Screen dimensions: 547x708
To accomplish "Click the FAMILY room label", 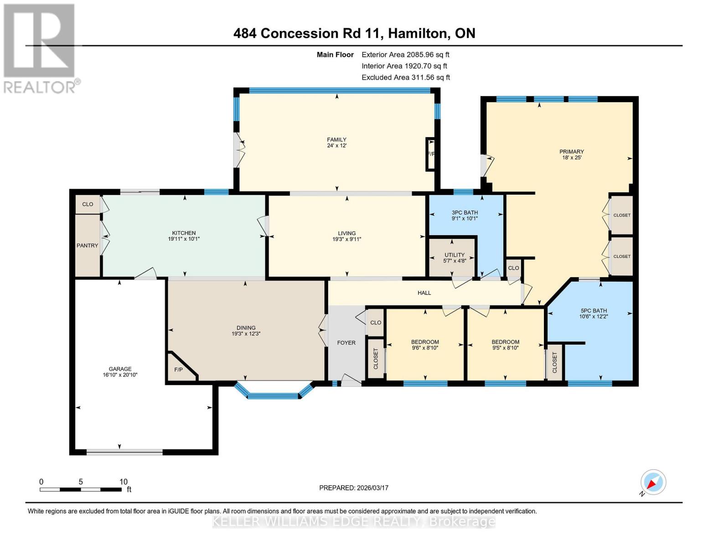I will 336,140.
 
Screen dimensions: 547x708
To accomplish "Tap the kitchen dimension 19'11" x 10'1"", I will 184,239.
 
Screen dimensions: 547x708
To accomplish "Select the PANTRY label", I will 87,246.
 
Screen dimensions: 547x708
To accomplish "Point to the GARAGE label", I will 120,369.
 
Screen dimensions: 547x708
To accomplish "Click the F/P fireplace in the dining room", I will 178,370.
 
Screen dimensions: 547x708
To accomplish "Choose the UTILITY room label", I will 455,255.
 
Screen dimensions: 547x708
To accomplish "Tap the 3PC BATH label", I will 465,212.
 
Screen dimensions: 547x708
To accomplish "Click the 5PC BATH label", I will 594,311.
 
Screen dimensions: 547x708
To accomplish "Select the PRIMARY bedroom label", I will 572,152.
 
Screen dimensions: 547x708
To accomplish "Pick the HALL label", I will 424,293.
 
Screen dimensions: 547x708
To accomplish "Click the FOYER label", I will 346,343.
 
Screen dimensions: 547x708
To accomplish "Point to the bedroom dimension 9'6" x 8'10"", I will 425,348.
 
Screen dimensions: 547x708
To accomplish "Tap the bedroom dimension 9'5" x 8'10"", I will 505,348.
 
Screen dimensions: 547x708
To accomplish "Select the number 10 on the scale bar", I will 123,482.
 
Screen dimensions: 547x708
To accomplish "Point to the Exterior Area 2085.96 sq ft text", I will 405,55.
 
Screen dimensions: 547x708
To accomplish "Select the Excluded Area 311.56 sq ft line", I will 406,77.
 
